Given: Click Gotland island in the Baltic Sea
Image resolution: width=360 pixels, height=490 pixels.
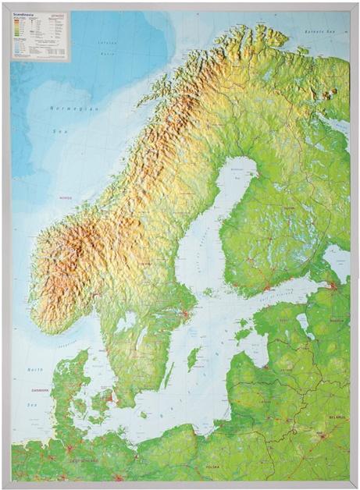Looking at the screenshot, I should (x=192, y=358).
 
